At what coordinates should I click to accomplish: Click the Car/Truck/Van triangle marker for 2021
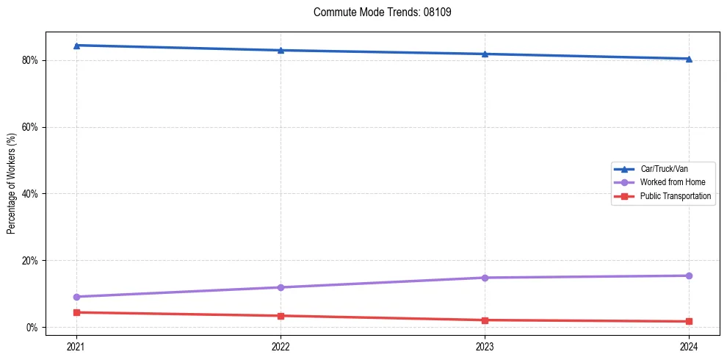tap(76, 46)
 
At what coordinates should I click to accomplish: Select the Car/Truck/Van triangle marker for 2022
tap(281, 50)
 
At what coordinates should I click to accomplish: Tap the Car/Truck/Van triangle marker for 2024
tap(689, 59)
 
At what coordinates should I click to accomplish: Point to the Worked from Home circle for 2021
tap(76, 297)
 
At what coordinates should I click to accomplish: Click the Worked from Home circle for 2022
tap(281, 287)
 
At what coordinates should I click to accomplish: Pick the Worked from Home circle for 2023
tap(485, 278)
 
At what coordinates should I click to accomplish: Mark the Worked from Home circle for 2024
tap(689, 276)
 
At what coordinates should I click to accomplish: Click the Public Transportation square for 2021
tap(76, 312)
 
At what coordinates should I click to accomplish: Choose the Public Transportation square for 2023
tap(485, 320)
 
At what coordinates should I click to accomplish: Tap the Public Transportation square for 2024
tap(689, 321)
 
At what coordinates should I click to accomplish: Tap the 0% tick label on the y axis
tap(32, 328)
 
